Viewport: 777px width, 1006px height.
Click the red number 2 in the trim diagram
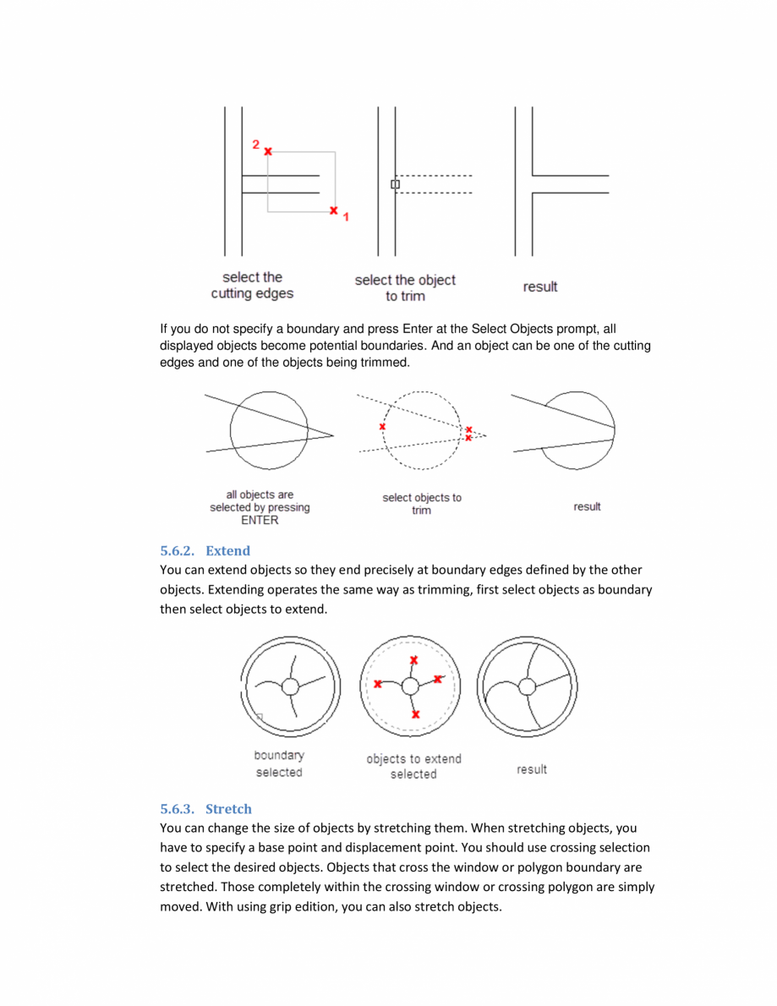pos(255,145)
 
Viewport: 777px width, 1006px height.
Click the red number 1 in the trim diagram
pos(345,217)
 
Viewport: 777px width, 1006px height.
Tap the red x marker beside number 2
pos(268,151)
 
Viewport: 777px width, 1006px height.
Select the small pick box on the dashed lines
pos(395,184)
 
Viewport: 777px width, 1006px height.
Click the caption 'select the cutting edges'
pos(252,286)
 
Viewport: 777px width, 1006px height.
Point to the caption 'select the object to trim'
pos(404,288)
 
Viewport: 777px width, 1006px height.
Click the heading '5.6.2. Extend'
pos(205,550)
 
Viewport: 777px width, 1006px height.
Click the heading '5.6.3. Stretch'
pos(206,809)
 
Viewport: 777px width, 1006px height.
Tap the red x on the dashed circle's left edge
pos(382,427)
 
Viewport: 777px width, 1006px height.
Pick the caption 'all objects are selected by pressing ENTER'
pos(260,507)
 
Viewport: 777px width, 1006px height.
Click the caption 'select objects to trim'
pos(422,504)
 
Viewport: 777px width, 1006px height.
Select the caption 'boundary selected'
pos(279,764)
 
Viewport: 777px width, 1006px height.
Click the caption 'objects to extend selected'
pos(413,767)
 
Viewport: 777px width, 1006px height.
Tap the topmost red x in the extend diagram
pos(413,660)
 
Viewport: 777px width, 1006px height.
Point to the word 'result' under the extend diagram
pos(532,769)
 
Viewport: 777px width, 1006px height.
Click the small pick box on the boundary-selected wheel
pos(259,717)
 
